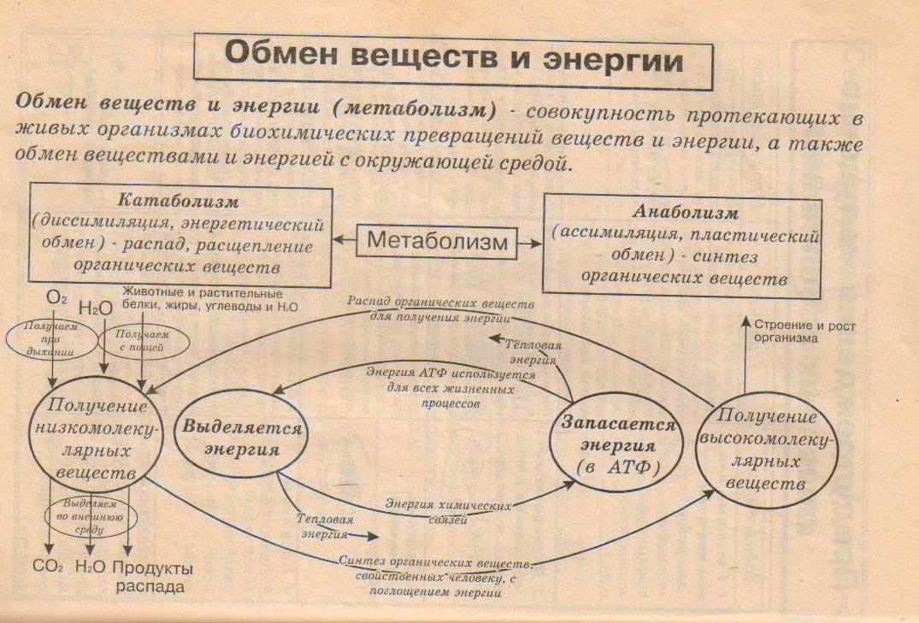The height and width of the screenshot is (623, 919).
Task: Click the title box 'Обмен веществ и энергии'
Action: tap(453, 61)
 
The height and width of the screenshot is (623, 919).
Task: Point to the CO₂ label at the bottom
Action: tap(49, 567)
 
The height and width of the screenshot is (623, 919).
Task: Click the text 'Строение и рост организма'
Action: tap(799, 332)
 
